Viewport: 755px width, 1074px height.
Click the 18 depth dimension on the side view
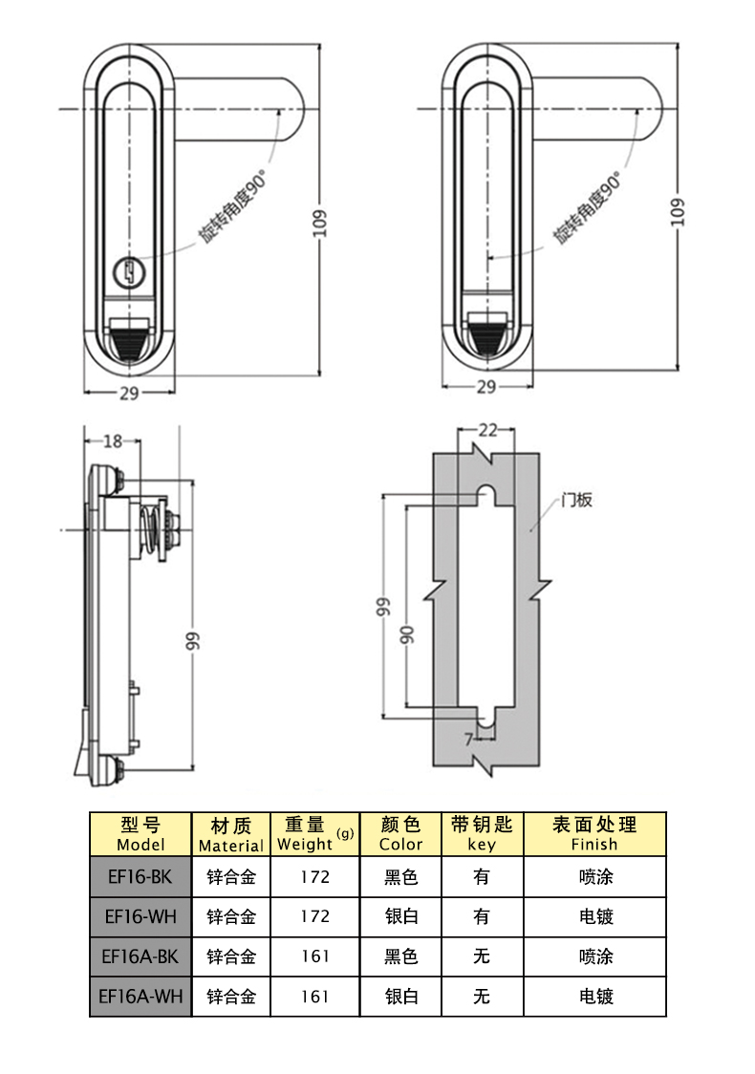point(113,440)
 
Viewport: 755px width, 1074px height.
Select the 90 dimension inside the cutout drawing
point(408,634)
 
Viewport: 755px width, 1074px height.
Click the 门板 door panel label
point(576,499)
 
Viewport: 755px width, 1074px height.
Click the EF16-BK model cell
point(140,876)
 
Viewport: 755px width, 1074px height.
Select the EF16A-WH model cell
point(140,997)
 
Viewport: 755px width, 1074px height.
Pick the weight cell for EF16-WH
point(314,916)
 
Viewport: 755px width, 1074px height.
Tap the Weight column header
point(314,834)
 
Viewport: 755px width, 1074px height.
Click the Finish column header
point(593,834)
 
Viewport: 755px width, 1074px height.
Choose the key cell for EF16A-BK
point(482,956)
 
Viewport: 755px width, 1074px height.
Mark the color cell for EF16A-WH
point(401,997)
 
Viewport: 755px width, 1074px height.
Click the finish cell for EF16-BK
point(595,876)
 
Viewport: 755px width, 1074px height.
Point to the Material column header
point(230,834)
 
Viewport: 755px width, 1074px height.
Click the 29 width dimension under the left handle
point(129,394)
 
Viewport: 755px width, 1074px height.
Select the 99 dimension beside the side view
point(193,641)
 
